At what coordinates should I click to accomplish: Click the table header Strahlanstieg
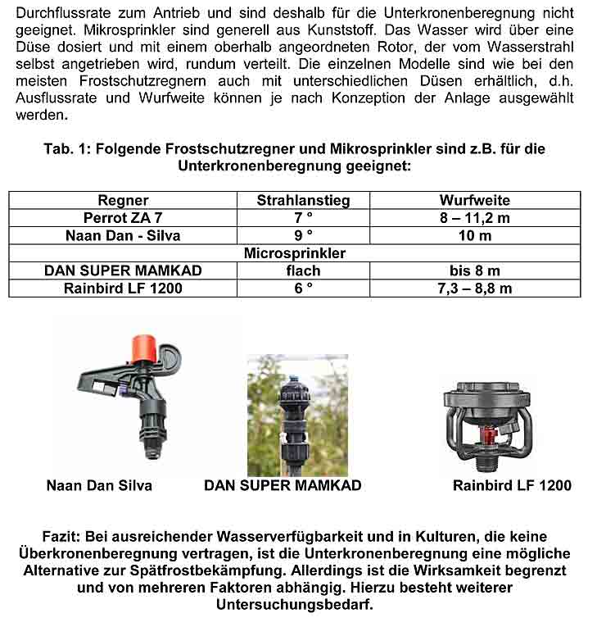[303, 200]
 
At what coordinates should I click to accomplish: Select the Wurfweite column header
[474, 200]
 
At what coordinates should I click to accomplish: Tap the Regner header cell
[123, 200]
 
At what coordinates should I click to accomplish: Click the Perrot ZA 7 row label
[123, 218]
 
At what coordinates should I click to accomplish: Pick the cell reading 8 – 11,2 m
[474, 218]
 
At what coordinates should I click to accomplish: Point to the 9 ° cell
[303, 236]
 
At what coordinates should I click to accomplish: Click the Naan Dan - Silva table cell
[123, 236]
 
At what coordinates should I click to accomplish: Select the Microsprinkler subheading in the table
[295, 253]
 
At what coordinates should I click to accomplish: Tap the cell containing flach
[303, 270]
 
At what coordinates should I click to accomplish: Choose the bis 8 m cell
[474, 270]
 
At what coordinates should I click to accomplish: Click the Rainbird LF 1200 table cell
[123, 289]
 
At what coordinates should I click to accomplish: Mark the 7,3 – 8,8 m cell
[474, 289]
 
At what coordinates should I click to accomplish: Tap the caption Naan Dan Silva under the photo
[99, 485]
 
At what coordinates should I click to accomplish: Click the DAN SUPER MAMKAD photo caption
[283, 485]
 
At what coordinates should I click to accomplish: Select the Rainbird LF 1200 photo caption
[512, 485]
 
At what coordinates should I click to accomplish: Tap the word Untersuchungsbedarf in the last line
[294, 605]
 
